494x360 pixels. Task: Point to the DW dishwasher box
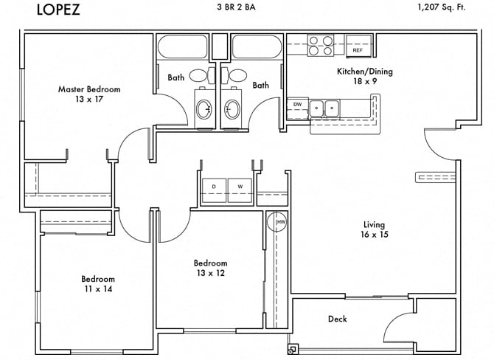[x=298, y=105]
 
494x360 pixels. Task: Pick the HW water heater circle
[x=280, y=221]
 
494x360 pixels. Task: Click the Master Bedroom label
[x=88, y=89]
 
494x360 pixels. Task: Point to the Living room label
[x=374, y=225]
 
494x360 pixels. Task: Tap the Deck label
[x=337, y=319]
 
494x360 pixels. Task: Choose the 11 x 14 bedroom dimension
[x=97, y=289]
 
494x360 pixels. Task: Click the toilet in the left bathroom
[x=200, y=75]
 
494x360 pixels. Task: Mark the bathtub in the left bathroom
[x=182, y=48]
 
